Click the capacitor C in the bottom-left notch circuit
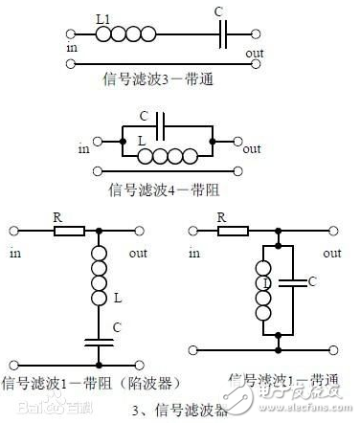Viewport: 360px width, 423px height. coord(100,340)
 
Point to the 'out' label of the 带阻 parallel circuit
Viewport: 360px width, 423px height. coord(252,149)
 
